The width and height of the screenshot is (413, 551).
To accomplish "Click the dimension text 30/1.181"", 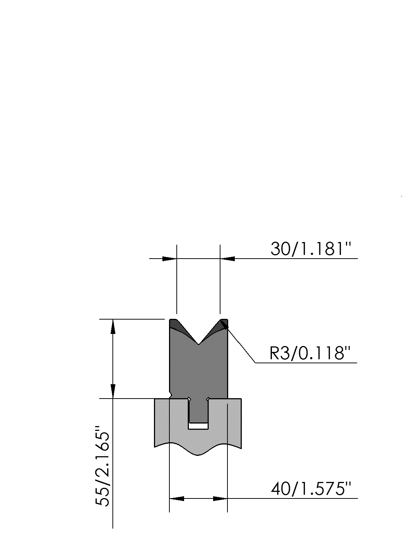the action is [310, 249].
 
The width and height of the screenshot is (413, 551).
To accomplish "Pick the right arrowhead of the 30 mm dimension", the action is [227, 259].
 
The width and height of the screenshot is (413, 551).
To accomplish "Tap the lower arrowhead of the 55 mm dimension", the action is [113, 391].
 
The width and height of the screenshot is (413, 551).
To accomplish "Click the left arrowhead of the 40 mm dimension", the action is [177, 498].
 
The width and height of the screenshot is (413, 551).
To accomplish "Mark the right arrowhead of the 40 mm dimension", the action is [220, 498].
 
